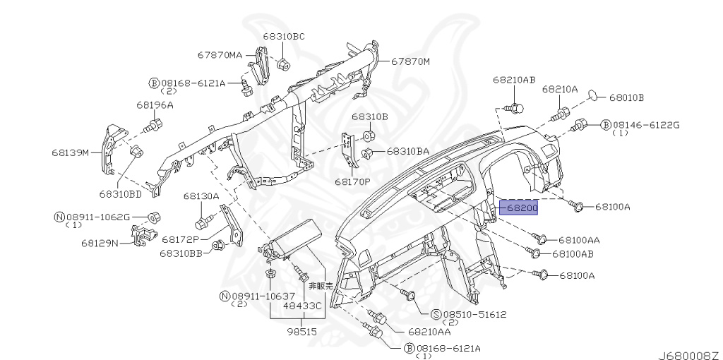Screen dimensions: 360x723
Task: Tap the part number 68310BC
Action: coord(284,36)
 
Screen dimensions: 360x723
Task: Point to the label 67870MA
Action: coord(220,54)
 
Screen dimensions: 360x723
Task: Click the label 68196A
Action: coord(155,105)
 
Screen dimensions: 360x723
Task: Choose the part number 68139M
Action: coord(71,152)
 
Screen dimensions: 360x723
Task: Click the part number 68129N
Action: coord(100,243)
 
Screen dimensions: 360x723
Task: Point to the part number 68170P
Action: coord(352,181)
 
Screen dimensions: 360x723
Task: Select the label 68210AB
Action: coord(514,80)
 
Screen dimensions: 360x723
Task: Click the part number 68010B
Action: coord(626,97)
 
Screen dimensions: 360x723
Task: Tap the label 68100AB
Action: coord(573,253)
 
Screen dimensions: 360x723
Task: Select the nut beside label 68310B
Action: coord(368,136)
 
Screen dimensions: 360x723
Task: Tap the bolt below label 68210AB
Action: coord(516,108)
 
